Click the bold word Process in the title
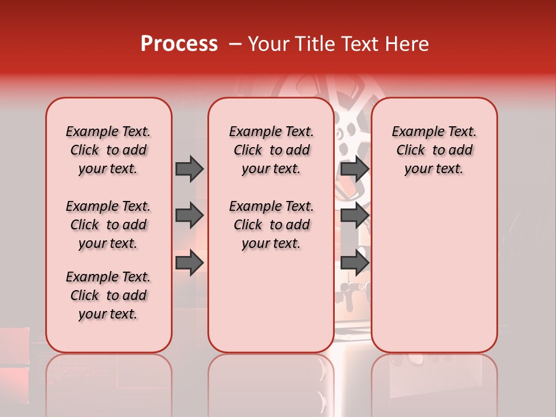(x=179, y=44)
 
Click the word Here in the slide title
(x=407, y=44)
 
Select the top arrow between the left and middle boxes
(x=189, y=169)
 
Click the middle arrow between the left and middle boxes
(x=189, y=215)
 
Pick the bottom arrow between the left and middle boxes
(x=189, y=262)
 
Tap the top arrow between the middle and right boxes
(x=354, y=169)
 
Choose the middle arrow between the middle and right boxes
(x=354, y=215)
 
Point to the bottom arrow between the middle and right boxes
(x=354, y=262)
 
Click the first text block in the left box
(x=108, y=150)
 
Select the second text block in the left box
(x=108, y=225)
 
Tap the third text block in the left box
(x=108, y=295)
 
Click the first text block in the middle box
(x=271, y=150)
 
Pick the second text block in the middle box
(x=271, y=225)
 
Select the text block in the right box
(x=434, y=150)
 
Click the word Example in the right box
(x=415, y=132)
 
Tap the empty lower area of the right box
(x=434, y=272)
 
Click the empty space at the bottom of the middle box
(x=271, y=307)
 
